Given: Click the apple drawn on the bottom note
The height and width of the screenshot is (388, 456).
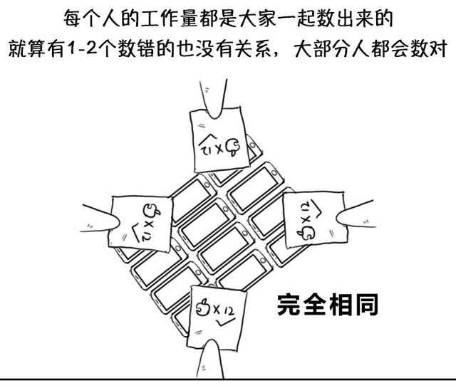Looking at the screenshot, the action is tap(203, 308).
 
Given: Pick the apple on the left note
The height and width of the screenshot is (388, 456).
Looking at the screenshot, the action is tap(149, 209).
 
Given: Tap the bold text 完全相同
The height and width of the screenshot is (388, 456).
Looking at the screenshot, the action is tap(327, 305).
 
